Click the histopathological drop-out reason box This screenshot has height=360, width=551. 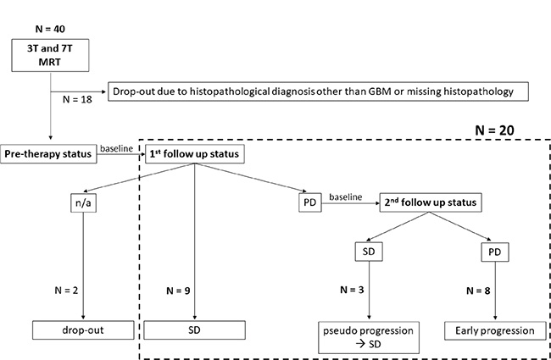(x=318, y=91)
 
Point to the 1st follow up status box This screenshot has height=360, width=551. (x=196, y=155)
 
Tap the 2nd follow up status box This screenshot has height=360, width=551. (x=430, y=203)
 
